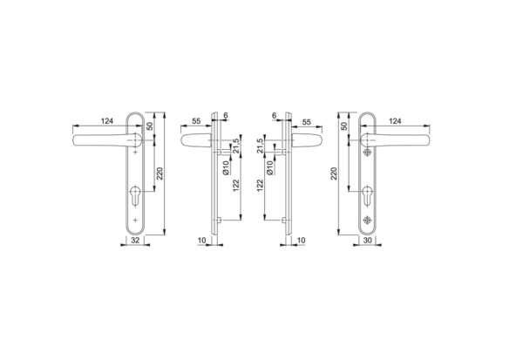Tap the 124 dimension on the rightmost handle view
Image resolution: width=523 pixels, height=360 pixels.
pyautogui.click(x=395, y=121)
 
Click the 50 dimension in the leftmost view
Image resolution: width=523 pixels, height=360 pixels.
pyautogui.click(x=152, y=127)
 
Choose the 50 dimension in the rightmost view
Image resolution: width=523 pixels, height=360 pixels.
pyautogui.click(x=345, y=127)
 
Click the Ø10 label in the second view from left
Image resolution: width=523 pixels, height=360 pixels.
pyautogui.click(x=225, y=169)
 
